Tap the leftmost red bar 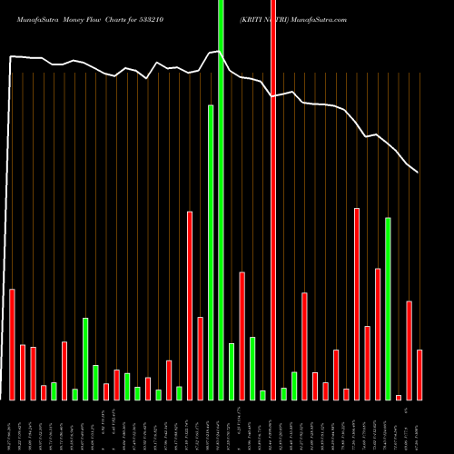click(x=12, y=344)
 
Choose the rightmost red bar click(x=419, y=374)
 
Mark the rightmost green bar click(x=388, y=309)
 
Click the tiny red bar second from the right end click(x=399, y=397)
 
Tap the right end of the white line click(x=418, y=173)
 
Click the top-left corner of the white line click(x=11, y=57)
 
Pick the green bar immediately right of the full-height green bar click(x=232, y=371)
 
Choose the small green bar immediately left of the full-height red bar click(x=262, y=395)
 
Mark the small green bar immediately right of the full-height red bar click(x=283, y=393)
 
